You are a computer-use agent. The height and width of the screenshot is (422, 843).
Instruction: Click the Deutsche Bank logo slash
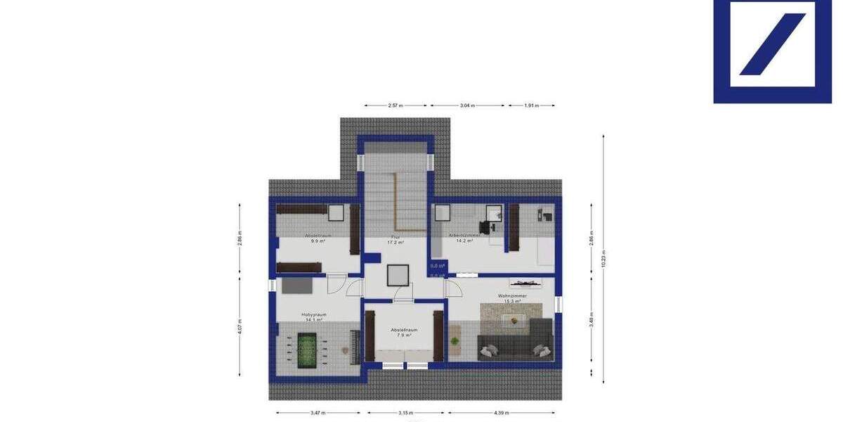click(772, 44)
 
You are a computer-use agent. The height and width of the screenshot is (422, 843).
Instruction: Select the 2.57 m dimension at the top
click(396, 105)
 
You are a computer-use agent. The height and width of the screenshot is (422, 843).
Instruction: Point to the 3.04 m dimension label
click(468, 105)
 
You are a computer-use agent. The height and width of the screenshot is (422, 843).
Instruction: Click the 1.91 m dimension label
click(531, 105)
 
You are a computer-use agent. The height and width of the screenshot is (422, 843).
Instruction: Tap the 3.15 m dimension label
click(406, 413)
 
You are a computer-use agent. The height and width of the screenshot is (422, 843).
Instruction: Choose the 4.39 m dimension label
click(502, 413)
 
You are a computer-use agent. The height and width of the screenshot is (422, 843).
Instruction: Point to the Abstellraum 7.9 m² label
click(404, 332)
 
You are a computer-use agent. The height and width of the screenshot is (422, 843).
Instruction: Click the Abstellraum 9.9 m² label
click(318, 238)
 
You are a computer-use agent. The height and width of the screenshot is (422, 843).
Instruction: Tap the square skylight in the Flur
click(399, 274)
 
